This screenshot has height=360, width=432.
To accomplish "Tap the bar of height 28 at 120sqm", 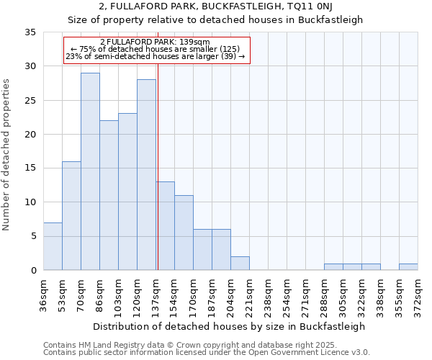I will [146, 175].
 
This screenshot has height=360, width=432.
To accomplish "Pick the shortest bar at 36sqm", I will [53, 246].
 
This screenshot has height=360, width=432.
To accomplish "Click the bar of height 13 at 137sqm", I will [165, 226].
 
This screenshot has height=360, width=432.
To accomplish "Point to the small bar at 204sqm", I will [240, 264].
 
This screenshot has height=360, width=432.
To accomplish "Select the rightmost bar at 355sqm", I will [408, 267].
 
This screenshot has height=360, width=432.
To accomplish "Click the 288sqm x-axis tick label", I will [325, 294].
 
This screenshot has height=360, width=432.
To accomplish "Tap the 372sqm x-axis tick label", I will [418, 294].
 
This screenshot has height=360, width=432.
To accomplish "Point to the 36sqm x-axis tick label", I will [44, 294].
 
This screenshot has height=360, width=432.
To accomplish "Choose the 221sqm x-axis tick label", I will [250, 294].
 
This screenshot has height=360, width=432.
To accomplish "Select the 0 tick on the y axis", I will [33, 271].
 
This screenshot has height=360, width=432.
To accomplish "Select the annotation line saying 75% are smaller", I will [156, 49].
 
